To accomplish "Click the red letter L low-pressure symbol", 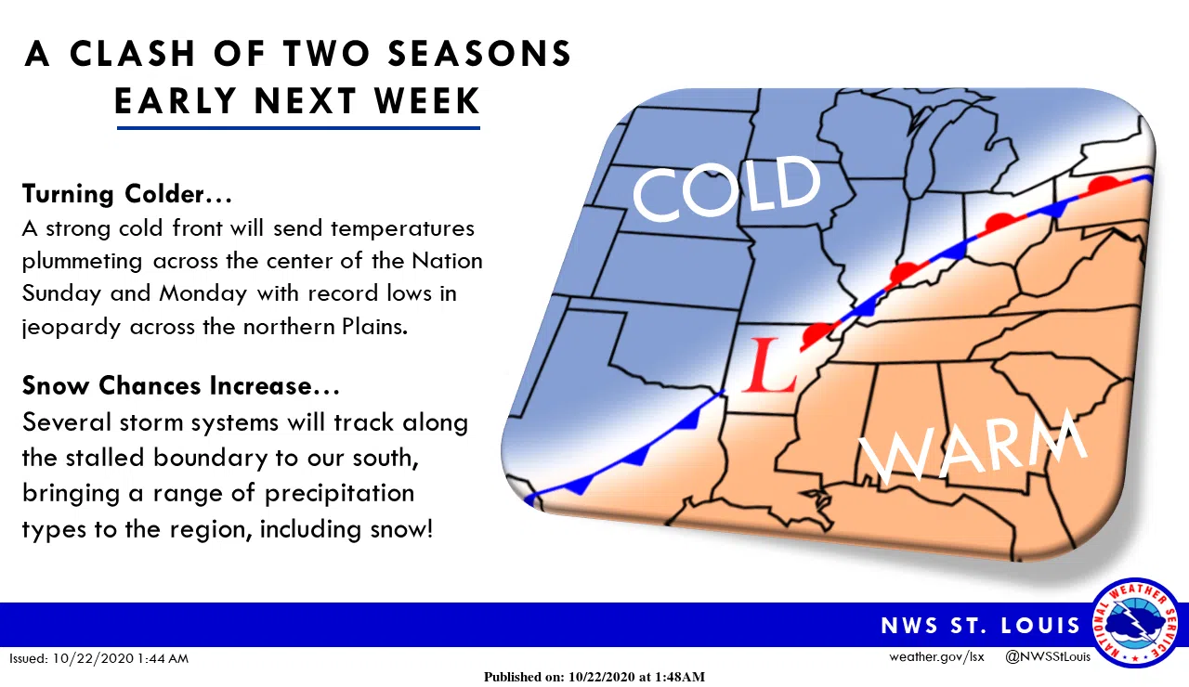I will pyautogui.click(x=773, y=365).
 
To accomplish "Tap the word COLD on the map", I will pyautogui.click(x=726, y=188).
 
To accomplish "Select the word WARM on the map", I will pyautogui.click(x=972, y=449).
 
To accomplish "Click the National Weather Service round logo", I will pyautogui.click(x=1134, y=622).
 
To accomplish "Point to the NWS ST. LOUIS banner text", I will pyautogui.click(x=981, y=625).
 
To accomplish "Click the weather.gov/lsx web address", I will pyautogui.click(x=936, y=657).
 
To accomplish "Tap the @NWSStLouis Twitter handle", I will pyautogui.click(x=1048, y=657).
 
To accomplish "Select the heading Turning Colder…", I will pyautogui.click(x=127, y=194).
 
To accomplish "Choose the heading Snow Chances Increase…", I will pyautogui.click(x=181, y=385).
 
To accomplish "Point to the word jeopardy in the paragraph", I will pyautogui.click(x=71, y=327).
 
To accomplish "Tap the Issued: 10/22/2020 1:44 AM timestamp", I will pyautogui.click(x=99, y=658).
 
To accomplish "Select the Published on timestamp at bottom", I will pyautogui.click(x=594, y=677).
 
